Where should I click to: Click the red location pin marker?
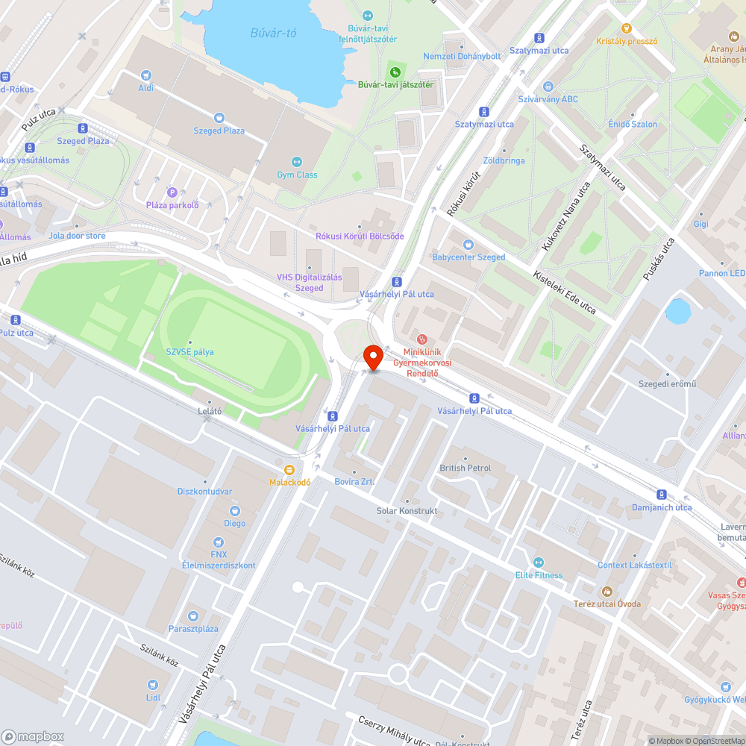pyautogui.click(x=372, y=357)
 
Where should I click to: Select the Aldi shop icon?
pyautogui.click(x=145, y=75)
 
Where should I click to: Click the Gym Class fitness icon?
pyautogui.click(x=296, y=162)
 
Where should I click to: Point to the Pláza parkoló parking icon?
pyautogui.click(x=172, y=192)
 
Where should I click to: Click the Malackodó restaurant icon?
pyautogui.click(x=289, y=470)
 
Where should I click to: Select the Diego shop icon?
pyautogui.click(x=234, y=511)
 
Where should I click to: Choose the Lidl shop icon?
pyautogui.click(x=153, y=684)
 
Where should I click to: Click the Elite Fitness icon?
pyautogui.click(x=539, y=562)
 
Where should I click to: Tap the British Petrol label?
pyautogui.click(x=466, y=468)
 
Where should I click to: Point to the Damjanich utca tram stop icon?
pyautogui.click(x=661, y=494)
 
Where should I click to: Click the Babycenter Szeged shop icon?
pyautogui.click(x=468, y=244)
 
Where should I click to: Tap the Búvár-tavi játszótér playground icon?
pyautogui.click(x=395, y=72)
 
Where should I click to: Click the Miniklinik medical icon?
pyautogui.click(x=422, y=339)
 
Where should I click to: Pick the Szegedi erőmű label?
pyautogui.click(x=667, y=384)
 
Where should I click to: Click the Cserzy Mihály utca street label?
pyautogui.click(x=394, y=730)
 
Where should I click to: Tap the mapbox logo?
pyautogui.click(x=34, y=736)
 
